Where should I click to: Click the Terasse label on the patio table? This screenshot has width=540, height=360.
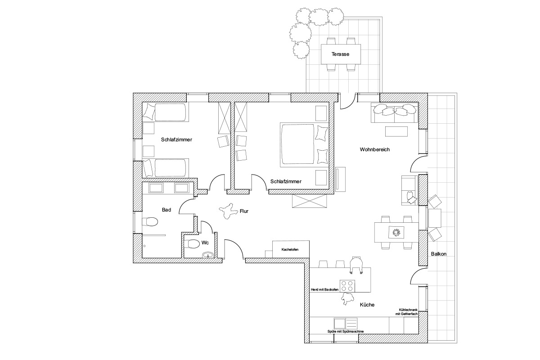[340, 54]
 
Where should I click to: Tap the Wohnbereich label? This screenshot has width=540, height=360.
[374, 149]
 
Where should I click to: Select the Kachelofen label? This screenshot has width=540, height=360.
[290, 250]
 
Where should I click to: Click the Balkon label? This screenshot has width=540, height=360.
[439, 254]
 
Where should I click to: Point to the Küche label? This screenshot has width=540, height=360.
[367, 305]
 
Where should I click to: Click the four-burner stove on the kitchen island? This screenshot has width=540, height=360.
[347, 286]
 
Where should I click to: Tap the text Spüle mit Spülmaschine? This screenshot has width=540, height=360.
[346, 332]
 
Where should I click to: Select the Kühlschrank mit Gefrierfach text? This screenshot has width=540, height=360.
[406, 312]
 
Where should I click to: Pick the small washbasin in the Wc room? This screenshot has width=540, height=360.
[208, 255]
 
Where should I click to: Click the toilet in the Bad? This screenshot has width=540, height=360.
[150, 222]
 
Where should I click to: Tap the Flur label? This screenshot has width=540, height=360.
[244, 211]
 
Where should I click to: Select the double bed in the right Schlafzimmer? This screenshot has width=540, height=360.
[305, 145]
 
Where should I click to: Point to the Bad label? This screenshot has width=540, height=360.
[166, 210]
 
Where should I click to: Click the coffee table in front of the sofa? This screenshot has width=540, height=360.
[396, 132]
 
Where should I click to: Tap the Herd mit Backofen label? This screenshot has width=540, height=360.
[325, 290]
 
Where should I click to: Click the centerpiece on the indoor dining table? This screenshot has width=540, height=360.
[396, 233]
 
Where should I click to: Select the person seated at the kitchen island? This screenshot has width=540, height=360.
[356, 265]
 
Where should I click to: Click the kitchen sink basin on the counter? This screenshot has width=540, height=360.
[340, 324]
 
